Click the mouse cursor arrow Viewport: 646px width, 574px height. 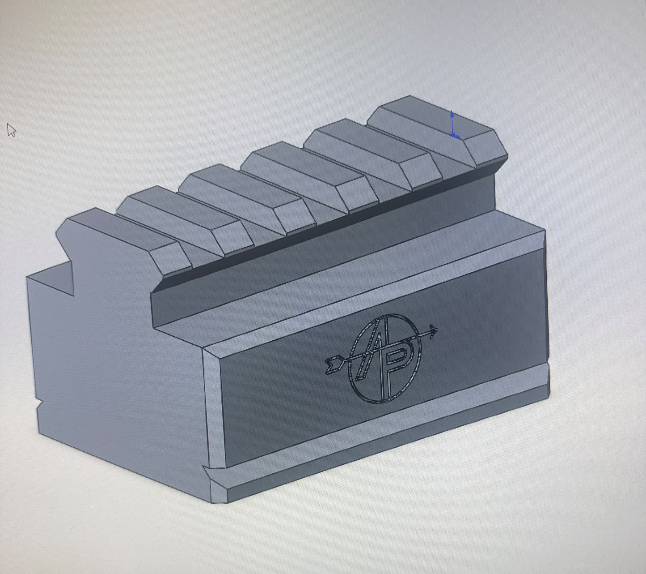pos(11,130)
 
